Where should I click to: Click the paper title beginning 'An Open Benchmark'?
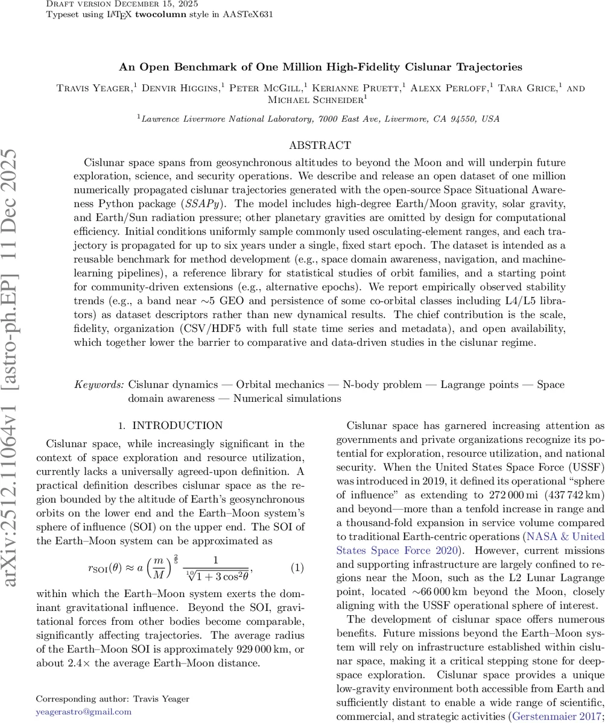320,67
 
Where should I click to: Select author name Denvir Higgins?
180,89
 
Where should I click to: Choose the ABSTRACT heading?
320,145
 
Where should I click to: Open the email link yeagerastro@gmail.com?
84,712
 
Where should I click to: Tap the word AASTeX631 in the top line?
247,14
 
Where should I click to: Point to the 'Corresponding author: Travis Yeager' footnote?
113,699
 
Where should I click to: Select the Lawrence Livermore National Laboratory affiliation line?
320,119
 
